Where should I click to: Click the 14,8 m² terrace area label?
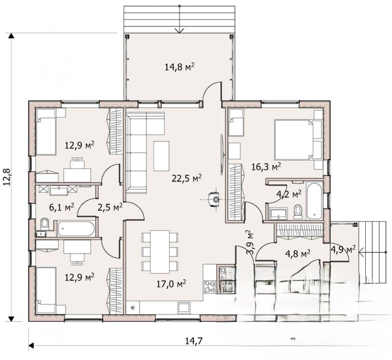180,67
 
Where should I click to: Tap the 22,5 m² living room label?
187,178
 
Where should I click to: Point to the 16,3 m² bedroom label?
266,166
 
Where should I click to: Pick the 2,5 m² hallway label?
110,207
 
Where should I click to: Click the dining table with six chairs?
160,252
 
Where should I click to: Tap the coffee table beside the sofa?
161,156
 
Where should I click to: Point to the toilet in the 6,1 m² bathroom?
45,223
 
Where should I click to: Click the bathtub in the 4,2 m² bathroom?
314,201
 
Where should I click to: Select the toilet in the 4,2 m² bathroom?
298,212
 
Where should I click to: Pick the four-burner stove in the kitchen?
210,287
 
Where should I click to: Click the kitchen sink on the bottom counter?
184,307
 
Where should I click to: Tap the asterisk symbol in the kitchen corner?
133,307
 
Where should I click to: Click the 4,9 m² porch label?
343,249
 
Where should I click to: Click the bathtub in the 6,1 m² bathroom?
76,228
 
